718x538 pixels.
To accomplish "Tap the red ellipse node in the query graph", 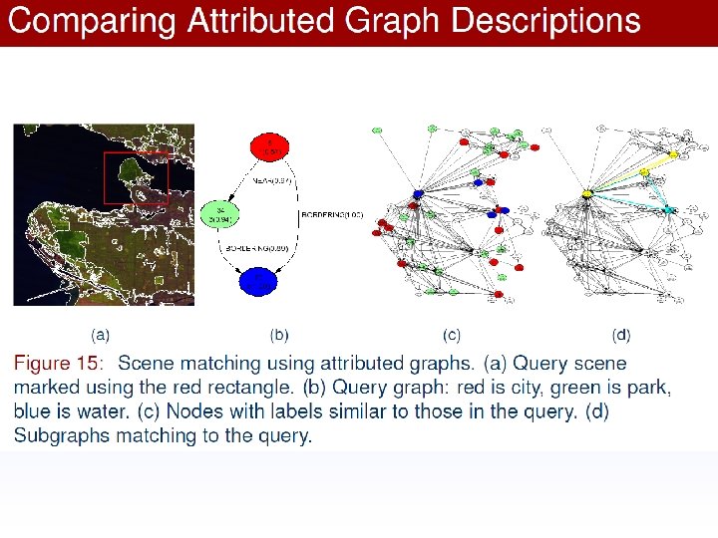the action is click(267, 147).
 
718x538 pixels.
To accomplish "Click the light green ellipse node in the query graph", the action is click(219, 214).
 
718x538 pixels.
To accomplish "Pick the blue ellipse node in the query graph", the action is click(259, 283).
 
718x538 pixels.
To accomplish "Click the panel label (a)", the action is click(101, 336).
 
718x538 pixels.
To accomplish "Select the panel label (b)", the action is click(280, 336).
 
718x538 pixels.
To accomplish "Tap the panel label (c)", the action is click(452, 336).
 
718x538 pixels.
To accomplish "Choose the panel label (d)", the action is click(621, 336).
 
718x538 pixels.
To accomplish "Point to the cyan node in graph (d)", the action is click(668, 209).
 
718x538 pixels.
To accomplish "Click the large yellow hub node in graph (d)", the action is click(588, 192).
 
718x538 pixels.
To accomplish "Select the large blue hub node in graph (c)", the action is click(418, 192).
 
